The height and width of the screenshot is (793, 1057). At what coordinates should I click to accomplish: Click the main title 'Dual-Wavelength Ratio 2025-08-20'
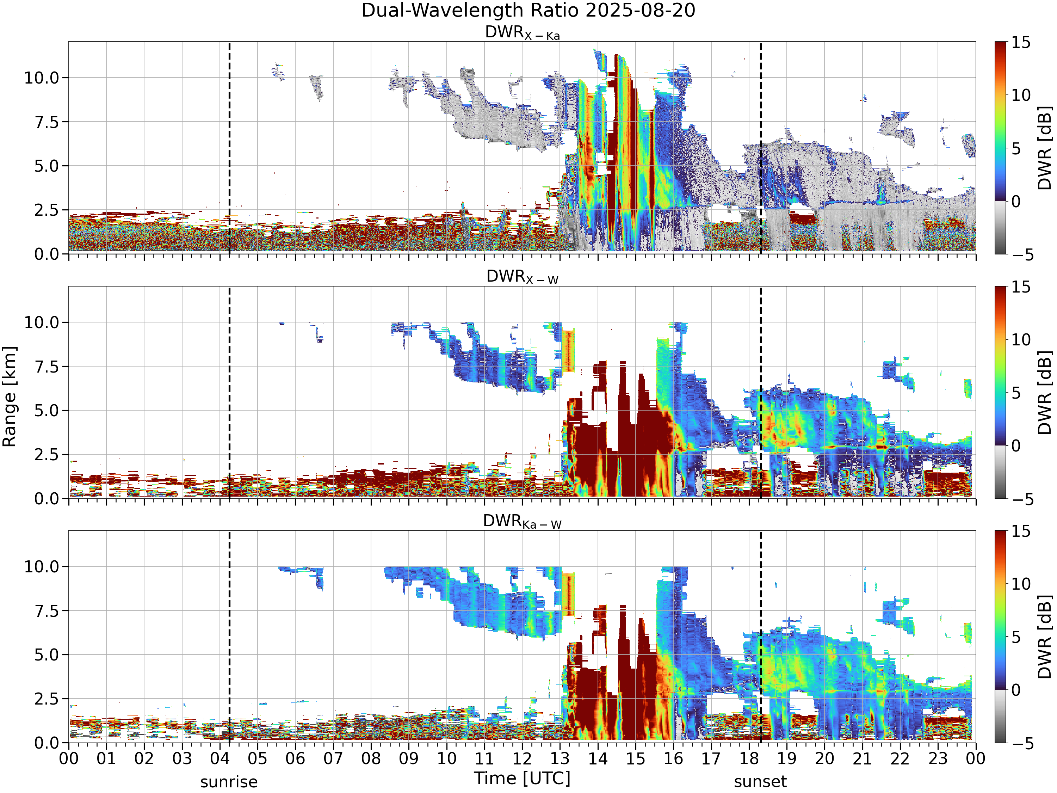click(x=528, y=11)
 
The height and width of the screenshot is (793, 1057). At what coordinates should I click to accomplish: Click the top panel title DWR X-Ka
click(x=522, y=32)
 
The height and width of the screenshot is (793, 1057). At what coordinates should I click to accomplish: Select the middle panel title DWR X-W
click(x=522, y=277)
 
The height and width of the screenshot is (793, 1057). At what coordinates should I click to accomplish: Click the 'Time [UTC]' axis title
click(x=522, y=779)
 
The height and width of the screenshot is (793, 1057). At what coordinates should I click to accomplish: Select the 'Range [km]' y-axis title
click(x=10, y=397)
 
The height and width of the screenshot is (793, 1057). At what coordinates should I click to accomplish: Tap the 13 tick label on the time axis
click(x=560, y=758)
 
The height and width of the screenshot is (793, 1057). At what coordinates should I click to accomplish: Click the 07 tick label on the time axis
click(x=333, y=758)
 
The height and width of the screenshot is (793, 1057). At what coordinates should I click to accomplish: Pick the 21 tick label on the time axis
click(x=863, y=758)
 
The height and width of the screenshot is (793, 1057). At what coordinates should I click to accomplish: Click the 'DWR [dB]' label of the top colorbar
click(x=1045, y=148)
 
